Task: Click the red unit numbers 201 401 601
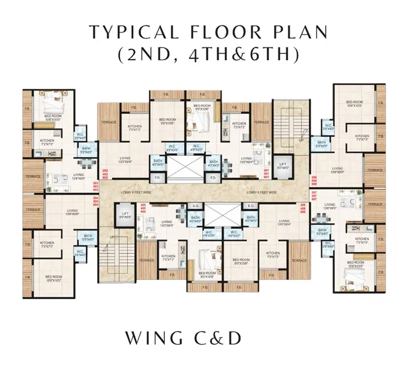tap(266, 173)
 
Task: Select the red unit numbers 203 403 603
tap(95, 187)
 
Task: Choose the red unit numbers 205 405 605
tap(143, 207)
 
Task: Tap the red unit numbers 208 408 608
tap(314, 181)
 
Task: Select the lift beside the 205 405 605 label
tap(124, 215)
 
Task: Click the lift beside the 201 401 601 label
tap(282, 166)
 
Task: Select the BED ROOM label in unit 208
tap(354, 102)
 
